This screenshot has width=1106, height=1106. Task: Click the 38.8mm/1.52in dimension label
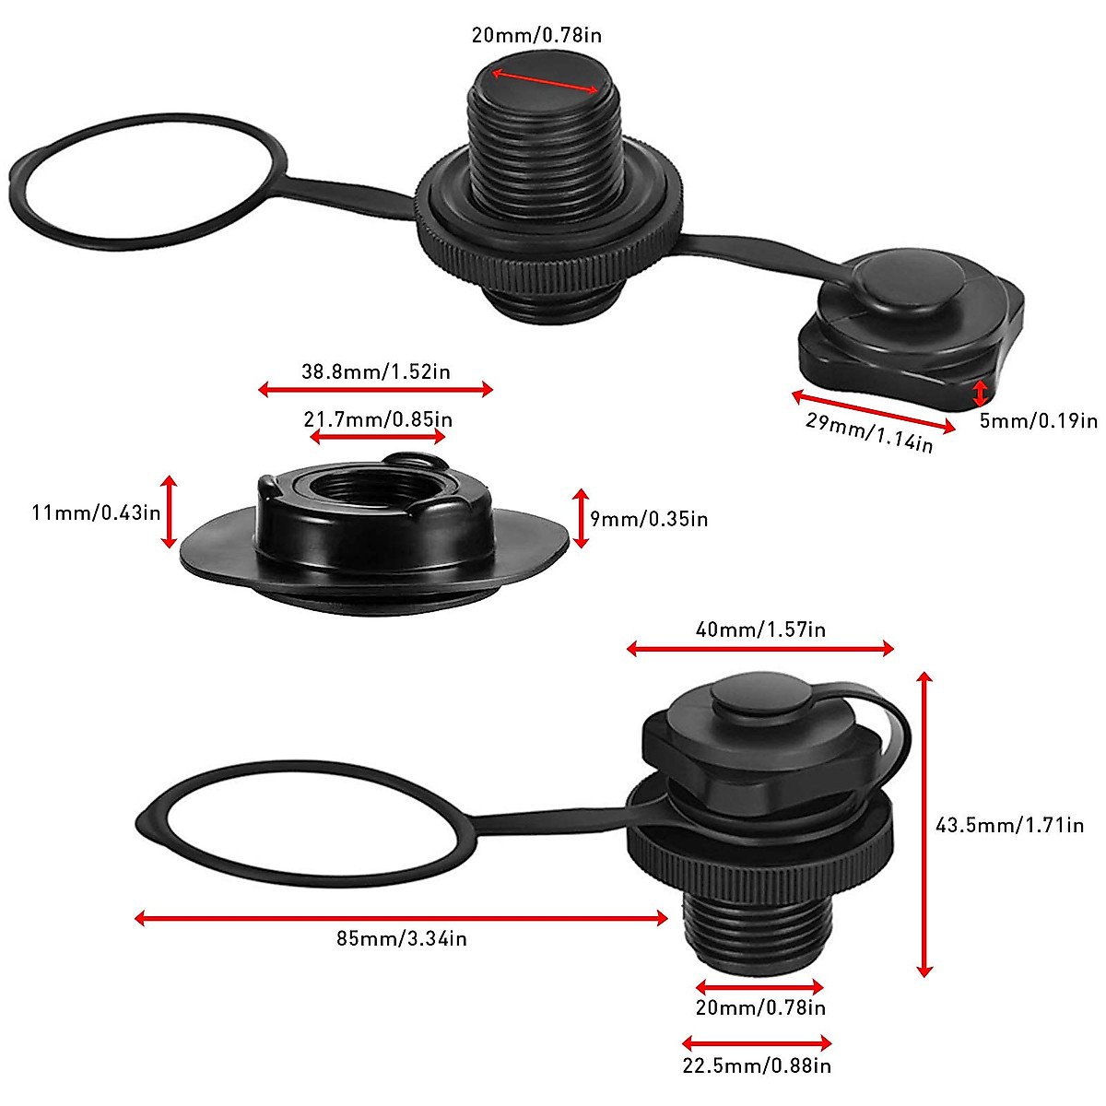coord(375,372)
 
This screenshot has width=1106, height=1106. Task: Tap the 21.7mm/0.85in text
coord(378,419)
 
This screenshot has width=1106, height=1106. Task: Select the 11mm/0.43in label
coord(97,512)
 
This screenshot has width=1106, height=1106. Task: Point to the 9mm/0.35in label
coord(649,519)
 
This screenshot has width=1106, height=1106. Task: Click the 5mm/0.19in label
coord(1038,421)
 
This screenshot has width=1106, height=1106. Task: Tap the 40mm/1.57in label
coord(760,630)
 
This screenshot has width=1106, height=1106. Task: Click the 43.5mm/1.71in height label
coord(1009,825)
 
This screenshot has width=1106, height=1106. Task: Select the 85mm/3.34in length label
coord(402,939)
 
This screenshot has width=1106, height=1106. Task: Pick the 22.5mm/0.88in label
coord(757,1066)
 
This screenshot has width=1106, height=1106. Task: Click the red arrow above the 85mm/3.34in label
coord(402,918)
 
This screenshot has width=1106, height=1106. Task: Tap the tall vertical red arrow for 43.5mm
coord(925,825)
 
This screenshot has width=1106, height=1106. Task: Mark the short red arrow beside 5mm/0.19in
coord(980,394)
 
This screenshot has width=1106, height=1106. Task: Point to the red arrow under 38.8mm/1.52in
coord(375,390)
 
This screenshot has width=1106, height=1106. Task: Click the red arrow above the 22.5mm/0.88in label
coord(757,1043)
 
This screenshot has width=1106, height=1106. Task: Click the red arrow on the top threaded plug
coord(544,81)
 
